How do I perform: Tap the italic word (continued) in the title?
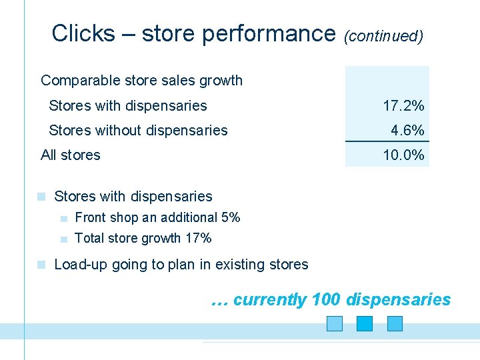383,35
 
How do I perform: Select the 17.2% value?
403,105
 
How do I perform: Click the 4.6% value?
407,130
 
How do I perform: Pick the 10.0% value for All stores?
403,155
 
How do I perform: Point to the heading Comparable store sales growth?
141,81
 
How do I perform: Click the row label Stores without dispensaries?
138,130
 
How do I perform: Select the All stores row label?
70,155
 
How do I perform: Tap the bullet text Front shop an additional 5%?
157,217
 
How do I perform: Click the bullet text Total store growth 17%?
143,238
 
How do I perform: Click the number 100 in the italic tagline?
325,300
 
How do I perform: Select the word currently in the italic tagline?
270,300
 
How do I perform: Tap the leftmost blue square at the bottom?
335,323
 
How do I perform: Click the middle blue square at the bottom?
365,323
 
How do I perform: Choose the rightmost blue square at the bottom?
395,323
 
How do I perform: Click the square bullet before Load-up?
41,265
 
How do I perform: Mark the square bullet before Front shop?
63,218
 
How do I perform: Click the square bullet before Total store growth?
63,239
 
